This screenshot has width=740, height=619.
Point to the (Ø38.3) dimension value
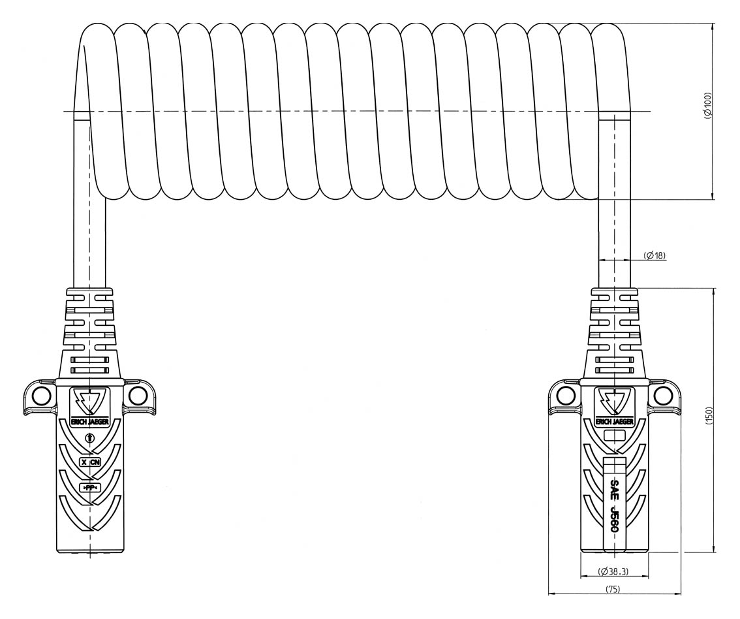pos(613,572)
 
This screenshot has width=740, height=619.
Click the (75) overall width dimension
pos(613,588)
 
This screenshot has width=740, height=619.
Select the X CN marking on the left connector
pos(89,462)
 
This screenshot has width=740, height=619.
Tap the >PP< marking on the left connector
pos(89,488)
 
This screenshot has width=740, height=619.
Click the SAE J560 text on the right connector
pos(613,506)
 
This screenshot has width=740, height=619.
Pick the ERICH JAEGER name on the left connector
pos(89,422)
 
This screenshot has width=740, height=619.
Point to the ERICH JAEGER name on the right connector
pos(614,422)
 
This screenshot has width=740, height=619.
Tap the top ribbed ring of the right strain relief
pos(614,292)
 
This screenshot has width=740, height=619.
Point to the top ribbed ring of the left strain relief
pos(89,292)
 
